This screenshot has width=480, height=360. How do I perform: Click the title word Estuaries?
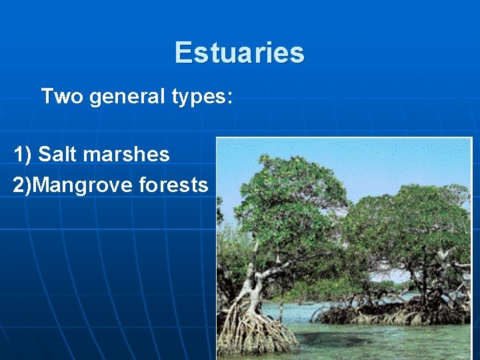[x=239, y=53]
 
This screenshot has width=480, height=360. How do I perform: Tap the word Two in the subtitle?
[x=62, y=97]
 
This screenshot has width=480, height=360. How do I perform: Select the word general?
[x=126, y=97]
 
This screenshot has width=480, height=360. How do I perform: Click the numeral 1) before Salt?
[x=23, y=155]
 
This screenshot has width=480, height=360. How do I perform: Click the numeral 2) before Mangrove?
[x=21, y=185]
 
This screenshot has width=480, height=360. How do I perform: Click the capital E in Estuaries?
[x=183, y=53]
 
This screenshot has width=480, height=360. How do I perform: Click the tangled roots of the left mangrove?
[x=257, y=330]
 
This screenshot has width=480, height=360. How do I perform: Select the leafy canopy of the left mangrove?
[x=287, y=200]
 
